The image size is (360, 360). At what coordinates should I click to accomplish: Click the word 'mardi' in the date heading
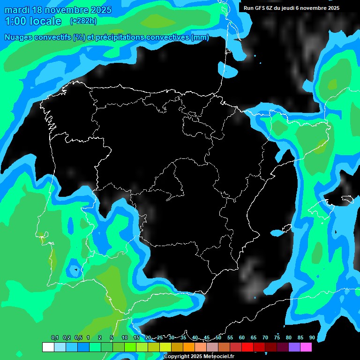coord(18,10)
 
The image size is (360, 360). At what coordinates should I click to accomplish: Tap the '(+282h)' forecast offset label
coord(83,21)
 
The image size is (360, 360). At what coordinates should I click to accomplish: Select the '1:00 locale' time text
coord(33,21)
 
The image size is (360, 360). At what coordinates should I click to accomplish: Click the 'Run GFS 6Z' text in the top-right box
coord(259,8)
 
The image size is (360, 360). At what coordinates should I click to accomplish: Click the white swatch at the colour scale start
coord(48,347)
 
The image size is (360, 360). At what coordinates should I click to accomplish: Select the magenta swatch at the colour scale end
coord(306,347)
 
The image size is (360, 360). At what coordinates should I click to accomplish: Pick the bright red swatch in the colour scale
coord(247,347)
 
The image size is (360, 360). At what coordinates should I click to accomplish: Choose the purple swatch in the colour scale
coord(294,347)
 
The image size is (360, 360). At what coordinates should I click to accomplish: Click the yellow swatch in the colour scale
coord(165,347)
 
